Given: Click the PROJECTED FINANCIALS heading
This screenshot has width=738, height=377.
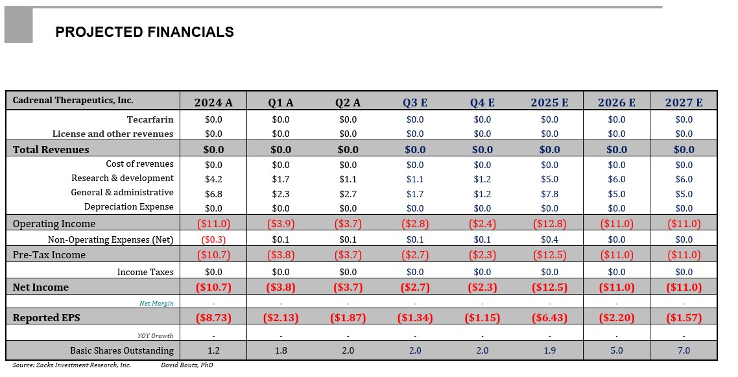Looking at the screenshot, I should point(144,32).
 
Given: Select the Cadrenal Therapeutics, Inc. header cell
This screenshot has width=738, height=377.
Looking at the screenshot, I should point(73,101).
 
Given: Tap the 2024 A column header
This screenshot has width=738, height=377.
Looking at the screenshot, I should point(213,103).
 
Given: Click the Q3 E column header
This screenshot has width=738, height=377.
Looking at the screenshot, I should point(415,103).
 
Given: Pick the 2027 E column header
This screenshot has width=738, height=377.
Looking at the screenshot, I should point(684,103).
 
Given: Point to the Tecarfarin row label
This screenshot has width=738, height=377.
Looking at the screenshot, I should point(150,119).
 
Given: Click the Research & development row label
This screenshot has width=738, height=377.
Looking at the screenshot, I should point(123,178).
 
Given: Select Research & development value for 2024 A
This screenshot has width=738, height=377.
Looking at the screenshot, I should point(213,180).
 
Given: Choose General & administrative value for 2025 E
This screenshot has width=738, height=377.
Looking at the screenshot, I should point(549,194).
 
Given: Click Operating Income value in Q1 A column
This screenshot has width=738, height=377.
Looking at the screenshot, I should point(281,224).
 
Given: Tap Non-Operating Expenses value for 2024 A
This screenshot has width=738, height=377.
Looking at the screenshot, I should point(213,239).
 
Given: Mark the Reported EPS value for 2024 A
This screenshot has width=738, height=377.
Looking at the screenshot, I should point(213,318).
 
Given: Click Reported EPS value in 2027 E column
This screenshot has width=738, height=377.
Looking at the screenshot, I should point(684,318).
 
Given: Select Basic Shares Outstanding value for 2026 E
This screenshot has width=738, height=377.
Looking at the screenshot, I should point(617,350).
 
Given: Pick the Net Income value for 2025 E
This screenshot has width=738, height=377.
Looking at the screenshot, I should point(549,287).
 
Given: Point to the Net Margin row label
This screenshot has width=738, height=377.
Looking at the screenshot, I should point(156,303).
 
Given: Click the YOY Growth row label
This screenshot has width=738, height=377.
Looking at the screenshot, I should point(155,335).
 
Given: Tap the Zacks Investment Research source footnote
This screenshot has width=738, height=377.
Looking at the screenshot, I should point(71,365).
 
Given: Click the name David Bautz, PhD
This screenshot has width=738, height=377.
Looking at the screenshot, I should point(187,365).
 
